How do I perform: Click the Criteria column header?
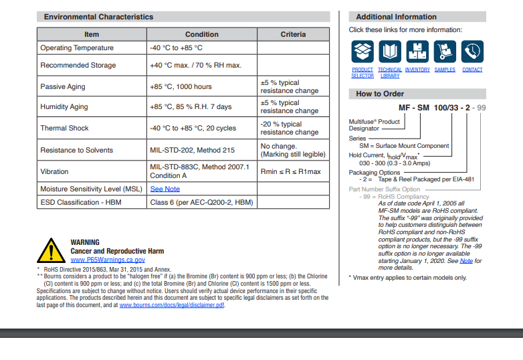coord(293,34)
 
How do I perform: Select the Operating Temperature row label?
coord(77,48)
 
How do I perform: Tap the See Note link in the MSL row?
coord(165,189)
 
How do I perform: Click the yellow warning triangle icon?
coord(51,250)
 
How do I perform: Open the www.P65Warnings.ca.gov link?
coord(108,260)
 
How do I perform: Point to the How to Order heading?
coord(380,94)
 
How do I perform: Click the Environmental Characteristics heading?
coord(98,17)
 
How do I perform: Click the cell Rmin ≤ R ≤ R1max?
coord(290,172)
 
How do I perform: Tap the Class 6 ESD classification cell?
coord(201,201)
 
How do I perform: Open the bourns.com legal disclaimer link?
coord(172,305)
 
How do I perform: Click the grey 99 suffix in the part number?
coord(482,108)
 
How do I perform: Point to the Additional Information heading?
coord(396,17)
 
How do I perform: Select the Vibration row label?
coord(54,172)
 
